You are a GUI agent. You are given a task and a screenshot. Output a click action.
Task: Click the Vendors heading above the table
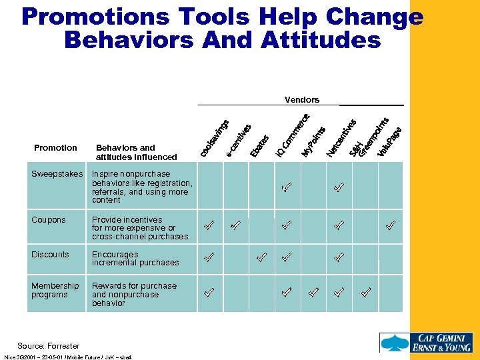click(301, 100)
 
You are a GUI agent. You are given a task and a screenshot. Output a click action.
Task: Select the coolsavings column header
click(215, 138)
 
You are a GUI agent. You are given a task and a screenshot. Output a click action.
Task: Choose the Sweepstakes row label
click(57, 174)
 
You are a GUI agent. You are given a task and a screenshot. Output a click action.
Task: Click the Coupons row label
click(49, 220)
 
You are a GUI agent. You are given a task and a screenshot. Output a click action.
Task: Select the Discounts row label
click(50, 255)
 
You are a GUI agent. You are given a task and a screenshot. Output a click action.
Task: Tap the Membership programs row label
click(55, 290)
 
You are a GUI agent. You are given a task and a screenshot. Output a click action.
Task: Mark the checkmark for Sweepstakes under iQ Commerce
click(286, 188)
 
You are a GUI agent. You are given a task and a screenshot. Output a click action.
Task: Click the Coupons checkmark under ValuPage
click(391, 225)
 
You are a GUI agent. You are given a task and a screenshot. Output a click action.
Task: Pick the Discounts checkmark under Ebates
click(262, 256)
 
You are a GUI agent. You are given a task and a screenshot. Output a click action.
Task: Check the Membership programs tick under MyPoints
click(313, 291)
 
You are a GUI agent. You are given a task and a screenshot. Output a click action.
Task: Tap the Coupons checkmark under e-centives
click(235, 225)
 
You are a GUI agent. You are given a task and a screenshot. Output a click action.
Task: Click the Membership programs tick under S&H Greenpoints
click(365, 291)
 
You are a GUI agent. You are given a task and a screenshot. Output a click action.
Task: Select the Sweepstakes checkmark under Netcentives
click(339, 188)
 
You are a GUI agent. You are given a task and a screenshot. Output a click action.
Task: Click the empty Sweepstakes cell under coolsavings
click(209, 188)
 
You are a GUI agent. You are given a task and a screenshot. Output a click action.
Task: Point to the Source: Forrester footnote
click(48, 346)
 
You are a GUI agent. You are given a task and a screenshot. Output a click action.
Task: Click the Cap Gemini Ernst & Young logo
click(427, 342)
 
